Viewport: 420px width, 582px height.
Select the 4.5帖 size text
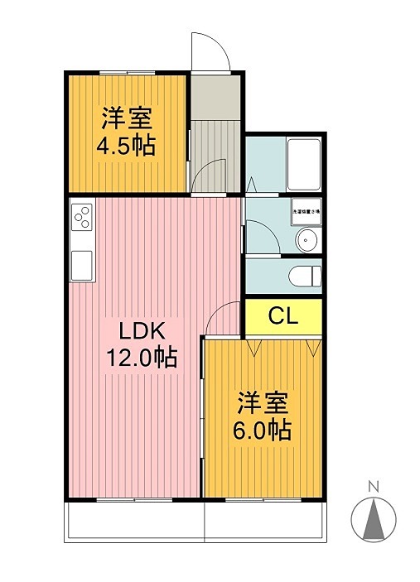(x=126, y=146)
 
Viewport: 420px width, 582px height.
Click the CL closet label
(x=282, y=315)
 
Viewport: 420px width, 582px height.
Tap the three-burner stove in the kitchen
(x=83, y=218)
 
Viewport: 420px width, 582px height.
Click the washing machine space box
(x=305, y=212)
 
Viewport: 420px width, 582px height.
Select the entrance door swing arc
(x=212, y=52)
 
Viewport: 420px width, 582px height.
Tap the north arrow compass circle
(x=373, y=520)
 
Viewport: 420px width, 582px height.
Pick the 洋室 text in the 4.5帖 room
(x=126, y=118)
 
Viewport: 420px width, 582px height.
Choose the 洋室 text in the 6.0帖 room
(x=263, y=403)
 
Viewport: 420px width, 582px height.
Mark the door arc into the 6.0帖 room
(x=220, y=319)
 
